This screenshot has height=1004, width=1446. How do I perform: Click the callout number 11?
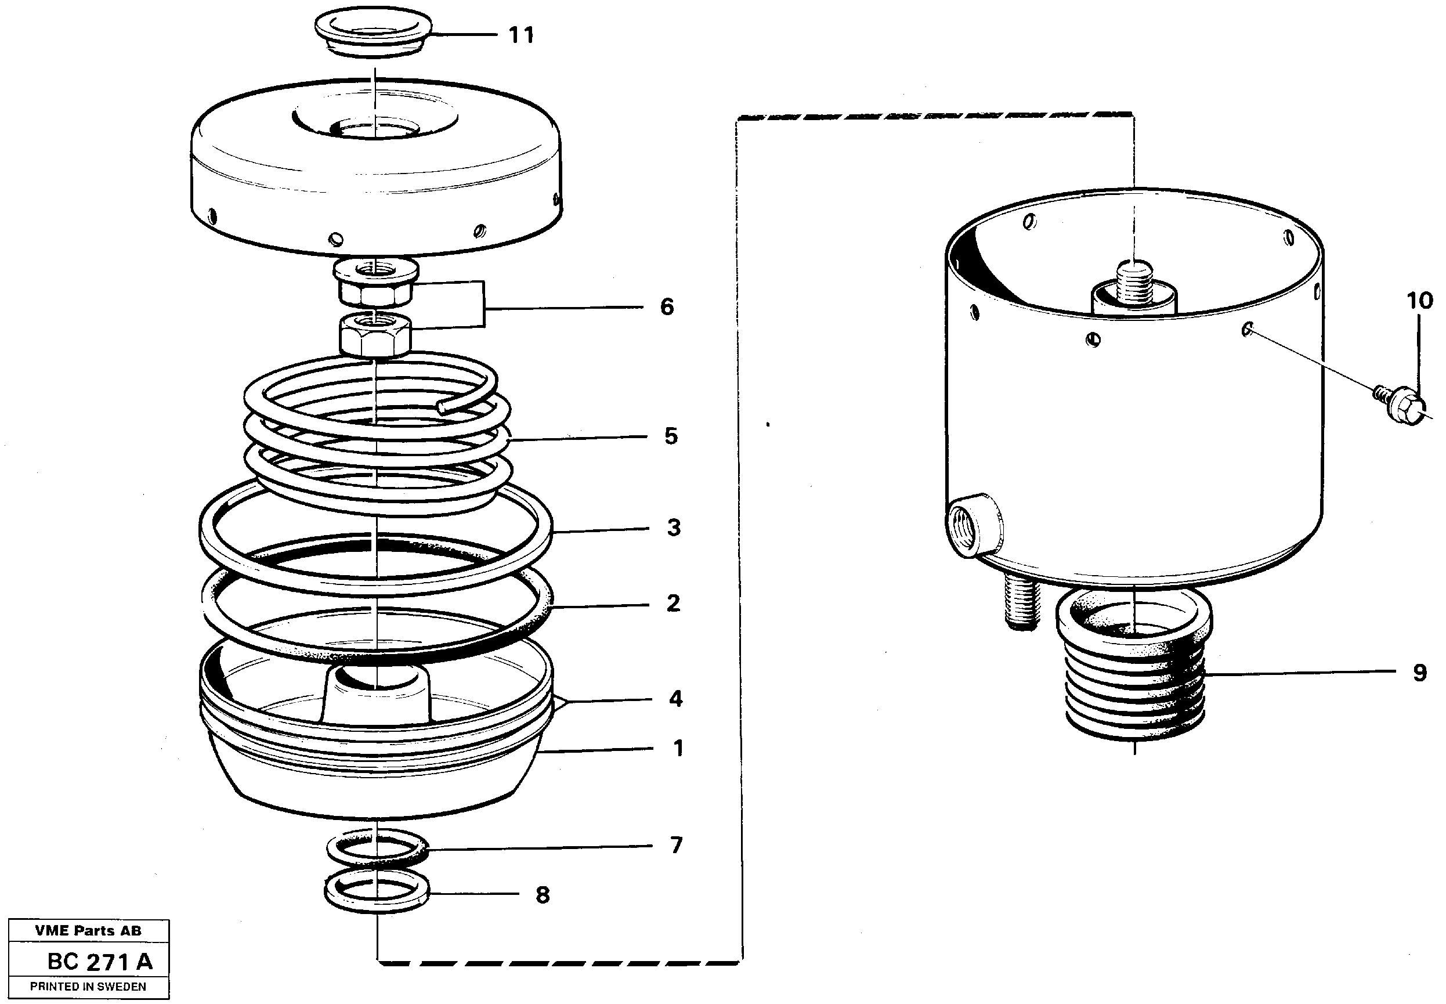click(521, 35)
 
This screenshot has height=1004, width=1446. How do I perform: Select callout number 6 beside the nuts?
click(667, 307)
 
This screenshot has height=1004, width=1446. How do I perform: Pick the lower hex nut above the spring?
click(376, 335)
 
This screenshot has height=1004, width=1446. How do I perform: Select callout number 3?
click(673, 528)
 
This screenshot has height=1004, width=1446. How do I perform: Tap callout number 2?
click(673, 604)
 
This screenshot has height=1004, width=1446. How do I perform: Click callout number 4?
click(675, 698)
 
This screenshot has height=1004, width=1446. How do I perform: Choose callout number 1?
click(677, 748)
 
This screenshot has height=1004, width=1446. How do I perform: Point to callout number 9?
click(1419, 673)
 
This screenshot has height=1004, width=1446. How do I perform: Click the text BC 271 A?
click(99, 961)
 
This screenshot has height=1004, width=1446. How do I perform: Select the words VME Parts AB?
click(88, 930)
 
